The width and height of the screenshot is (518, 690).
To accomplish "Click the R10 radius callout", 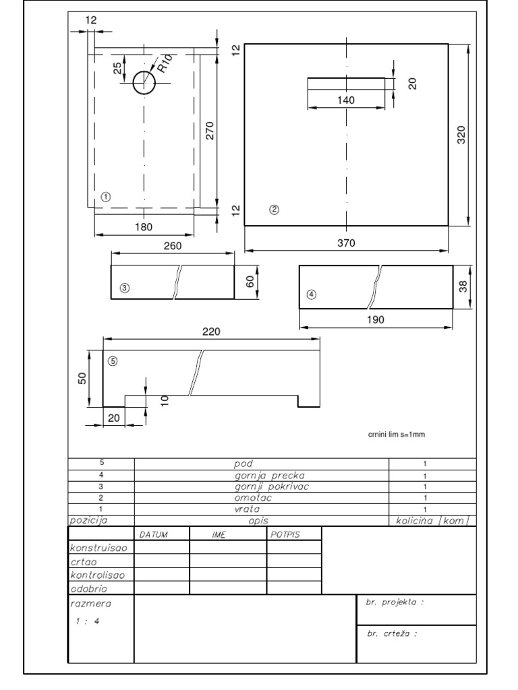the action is pos(165,63).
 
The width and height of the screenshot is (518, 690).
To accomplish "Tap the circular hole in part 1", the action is pos(144,82).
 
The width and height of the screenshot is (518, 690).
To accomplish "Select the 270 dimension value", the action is pos(210,131).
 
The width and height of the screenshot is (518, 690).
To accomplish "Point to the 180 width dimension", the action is pos(144,227).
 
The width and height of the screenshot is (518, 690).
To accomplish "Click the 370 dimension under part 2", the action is pos(346,243).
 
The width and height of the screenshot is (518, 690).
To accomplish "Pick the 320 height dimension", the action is pos(461,135).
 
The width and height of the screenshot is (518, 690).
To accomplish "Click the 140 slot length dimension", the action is pos(346,100).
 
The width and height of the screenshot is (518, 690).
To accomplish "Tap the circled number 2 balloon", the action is pos(274,210).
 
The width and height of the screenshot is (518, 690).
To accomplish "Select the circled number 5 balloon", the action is pos(113,361).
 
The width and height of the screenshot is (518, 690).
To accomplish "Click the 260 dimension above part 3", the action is pos(173,246).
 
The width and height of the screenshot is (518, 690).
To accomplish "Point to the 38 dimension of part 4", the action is pos(463,287).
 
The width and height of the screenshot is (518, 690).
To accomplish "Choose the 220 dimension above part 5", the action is pos(211,332).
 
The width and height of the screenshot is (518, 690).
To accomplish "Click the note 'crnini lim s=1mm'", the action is pos(397,435).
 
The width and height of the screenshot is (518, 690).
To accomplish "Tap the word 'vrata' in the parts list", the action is pos(247,509).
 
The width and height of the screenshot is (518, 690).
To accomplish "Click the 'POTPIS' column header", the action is pos(285,534).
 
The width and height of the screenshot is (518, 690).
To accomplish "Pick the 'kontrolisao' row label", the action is pos(97,575).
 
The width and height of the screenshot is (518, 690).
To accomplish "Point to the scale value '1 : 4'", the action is pos(87,621).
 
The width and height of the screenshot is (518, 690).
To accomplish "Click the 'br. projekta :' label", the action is pos(395,602).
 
